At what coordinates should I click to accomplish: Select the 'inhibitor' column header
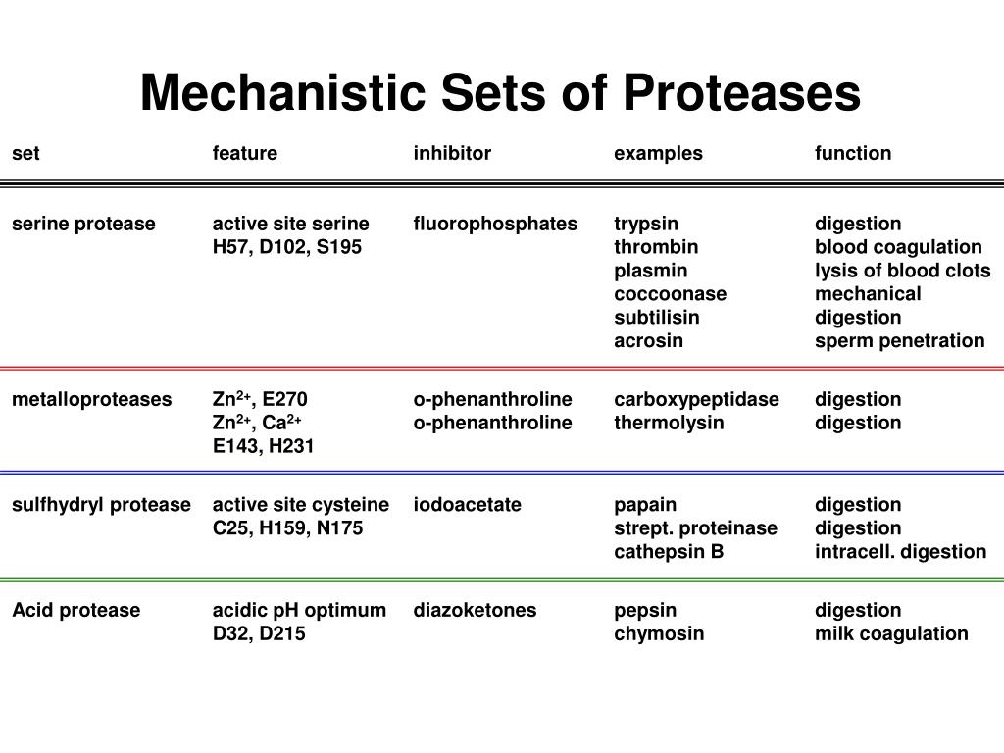point(452,153)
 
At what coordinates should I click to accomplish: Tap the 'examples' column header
point(658,153)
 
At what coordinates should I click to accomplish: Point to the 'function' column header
point(853,153)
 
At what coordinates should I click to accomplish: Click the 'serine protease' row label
point(83,224)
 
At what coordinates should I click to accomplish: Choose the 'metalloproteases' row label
point(91,399)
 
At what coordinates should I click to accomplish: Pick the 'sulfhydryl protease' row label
point(101,505)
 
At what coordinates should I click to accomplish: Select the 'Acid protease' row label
point(75,610)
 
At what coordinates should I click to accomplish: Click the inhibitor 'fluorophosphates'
point(495,224)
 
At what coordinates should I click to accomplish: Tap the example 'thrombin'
point(656,247)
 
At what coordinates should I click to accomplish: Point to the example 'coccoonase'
point(670,294)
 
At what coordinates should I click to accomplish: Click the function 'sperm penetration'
point(899,341)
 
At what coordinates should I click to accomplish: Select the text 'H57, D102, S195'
point(286,247)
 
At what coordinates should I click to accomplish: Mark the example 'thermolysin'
point(669,423)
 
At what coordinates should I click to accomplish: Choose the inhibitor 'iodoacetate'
point(467,505)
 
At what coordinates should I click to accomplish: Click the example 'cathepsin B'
point(669,552)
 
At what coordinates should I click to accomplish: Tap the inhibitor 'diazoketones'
point(475,610)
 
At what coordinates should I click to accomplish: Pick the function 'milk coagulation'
point(891,633)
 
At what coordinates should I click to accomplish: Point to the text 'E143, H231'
point(264,446)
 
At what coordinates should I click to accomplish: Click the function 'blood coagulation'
point(898,247)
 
